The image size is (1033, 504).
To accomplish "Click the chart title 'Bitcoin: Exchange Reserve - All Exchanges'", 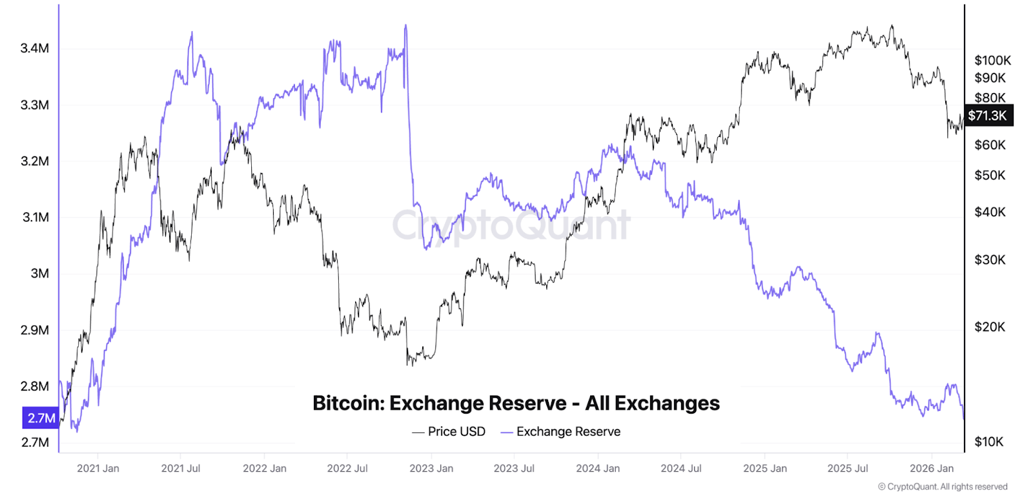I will click(x=516, y=403).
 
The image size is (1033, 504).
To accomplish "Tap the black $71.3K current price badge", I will click(x=988, y=116).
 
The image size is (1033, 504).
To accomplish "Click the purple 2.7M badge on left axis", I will click(x=41, y=418).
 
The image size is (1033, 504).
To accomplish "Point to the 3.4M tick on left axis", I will click(x=35, y=48).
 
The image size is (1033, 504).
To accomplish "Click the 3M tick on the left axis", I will click(x=39, y=274).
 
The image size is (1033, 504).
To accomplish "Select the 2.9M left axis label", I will click(x=35, y=330).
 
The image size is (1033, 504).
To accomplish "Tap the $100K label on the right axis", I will click(x=992, y=61).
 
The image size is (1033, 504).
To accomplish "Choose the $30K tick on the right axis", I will click(x=990, y=260).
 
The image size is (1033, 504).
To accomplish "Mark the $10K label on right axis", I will click(x=989, y=442).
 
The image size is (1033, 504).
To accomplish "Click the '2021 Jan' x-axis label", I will click(x=98, y=469).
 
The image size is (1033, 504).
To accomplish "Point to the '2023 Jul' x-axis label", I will click(x=514, y=469).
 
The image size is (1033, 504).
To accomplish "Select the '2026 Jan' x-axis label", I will click(x=932, y=469).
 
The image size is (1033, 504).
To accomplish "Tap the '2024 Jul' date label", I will click(x=680, y=469).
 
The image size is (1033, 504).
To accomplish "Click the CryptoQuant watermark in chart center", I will click(x=511, y=226).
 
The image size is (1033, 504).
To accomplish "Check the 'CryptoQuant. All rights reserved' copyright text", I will click(x=943, y=487).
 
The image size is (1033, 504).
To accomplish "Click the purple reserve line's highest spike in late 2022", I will click(x=405, y=26).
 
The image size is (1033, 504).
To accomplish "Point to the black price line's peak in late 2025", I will click(x=892, y=26).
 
